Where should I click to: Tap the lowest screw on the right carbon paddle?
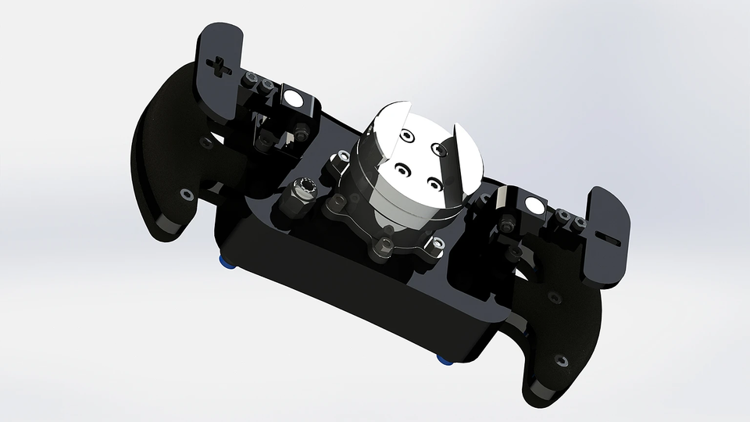pyautogui.click(x=559, y=360)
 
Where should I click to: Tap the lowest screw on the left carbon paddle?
pyautogui.click(x=185, y=195)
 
